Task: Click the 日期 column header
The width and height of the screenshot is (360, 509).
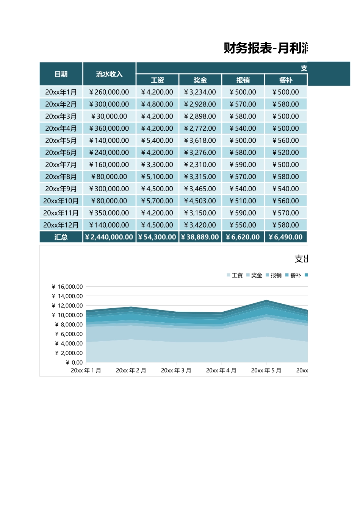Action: pyautogui.click(x=61, y=74)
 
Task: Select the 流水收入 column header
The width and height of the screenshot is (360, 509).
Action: pyautogui.click(x=109, y=74)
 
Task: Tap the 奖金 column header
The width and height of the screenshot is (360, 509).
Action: pyautogui.click(x=200, y=80)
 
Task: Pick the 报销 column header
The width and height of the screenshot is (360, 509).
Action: pyautogui.click(x=243, y=80)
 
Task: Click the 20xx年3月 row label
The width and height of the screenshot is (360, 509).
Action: pyautogui.click(x=61, y=116)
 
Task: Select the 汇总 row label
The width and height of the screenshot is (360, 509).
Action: pyautogui.click(x=61, y=237)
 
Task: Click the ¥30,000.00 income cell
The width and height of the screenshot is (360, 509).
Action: pyautogui.click(x=109, y=116)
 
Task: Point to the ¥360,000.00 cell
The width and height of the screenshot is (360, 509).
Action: pyautogui.click(x=109, y=128)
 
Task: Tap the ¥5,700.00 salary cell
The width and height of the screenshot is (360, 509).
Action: pyautogui.click(x=157, y=201)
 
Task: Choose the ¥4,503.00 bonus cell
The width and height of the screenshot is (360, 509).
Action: pyautogui.click(x=200, y=201)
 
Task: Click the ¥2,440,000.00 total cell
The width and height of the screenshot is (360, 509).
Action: pyautogui.click(x=109, y=237)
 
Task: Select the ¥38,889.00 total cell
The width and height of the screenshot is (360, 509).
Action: pyautogui.click(x=200, y=237)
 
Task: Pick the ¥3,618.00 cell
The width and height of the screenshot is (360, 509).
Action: pyautogui.click(x=200, y=141)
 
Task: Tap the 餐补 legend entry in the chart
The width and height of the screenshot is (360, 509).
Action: pyautogui.click(x=293, y=275)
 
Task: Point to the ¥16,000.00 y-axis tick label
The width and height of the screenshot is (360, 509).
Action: pyautogui.click(x=67, y=287)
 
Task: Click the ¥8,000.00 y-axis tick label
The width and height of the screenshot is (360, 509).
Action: pyautogui.click(x=69, y=325)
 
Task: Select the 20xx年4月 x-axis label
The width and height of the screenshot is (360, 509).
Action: pyautogui.click(x=221, y=371)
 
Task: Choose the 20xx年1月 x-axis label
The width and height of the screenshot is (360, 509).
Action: pyautogui.click(x=86, y=371)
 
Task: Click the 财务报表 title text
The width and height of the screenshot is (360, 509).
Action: pyautogui.click(x=248, y=48)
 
